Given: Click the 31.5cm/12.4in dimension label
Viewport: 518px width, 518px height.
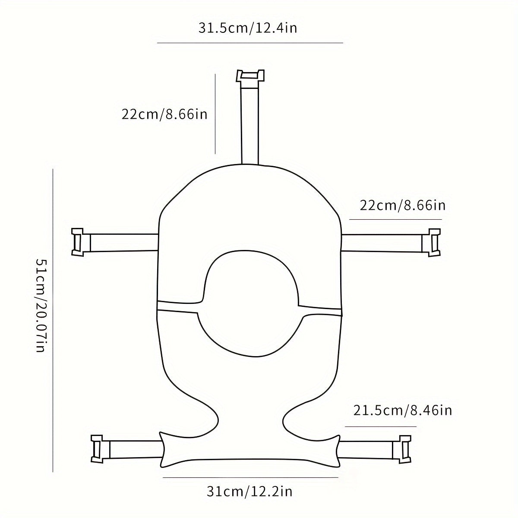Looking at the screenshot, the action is (x=248, y=28).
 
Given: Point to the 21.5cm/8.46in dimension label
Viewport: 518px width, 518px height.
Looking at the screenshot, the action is (x=402, y=410).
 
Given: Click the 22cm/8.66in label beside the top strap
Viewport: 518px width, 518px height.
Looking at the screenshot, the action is (x=164, y=114).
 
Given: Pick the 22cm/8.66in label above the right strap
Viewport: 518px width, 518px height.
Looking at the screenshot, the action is (x=403, y=205).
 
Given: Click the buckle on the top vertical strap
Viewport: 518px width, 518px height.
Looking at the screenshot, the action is (x=250, y=76).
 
